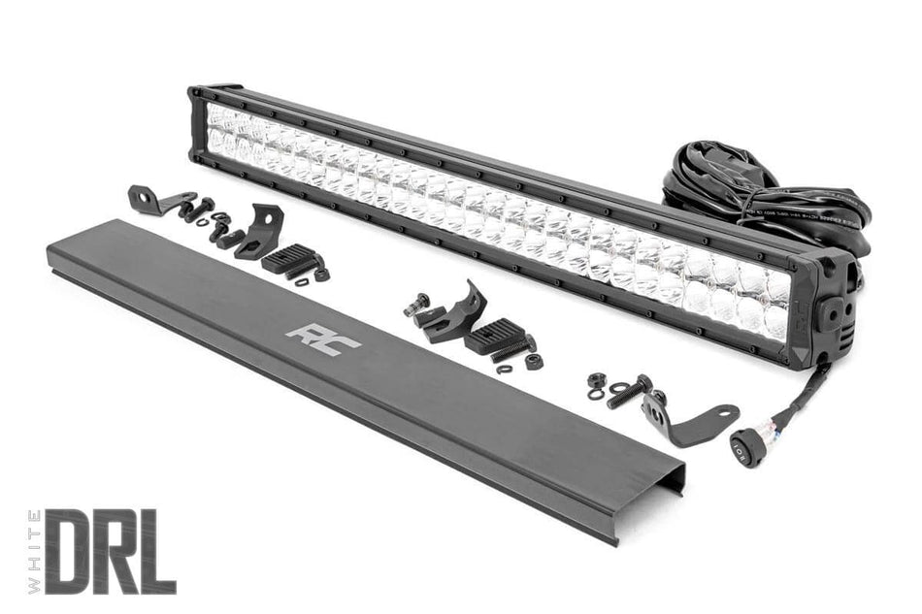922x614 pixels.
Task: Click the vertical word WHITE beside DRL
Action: point(35,550)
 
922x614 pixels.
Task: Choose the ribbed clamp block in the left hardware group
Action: point(292,258)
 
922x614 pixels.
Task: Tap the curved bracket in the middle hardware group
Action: point(451,316)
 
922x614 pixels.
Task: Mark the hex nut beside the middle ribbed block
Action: point(533,361)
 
